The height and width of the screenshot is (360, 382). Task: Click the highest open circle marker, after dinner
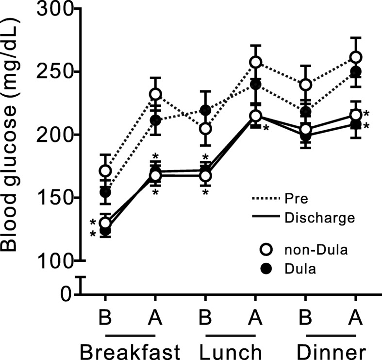(356, 58)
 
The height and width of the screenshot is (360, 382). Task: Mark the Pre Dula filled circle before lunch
(206, 110)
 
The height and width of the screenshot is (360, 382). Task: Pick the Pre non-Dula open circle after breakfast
(155, 94)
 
